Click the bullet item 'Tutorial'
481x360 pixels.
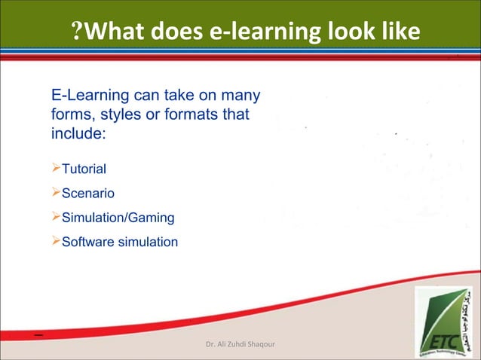click(84, 168)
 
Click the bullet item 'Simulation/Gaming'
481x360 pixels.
click(118, 218)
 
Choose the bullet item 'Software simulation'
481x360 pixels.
click(120, 242)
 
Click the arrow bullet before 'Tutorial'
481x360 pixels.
click(55, 167)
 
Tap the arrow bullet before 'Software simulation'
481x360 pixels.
click(55, 241)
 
